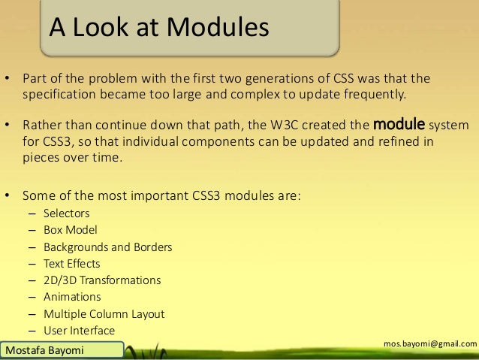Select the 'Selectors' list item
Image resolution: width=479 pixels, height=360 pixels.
tap(65, 213)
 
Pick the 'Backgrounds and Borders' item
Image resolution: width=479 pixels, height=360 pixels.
tap(107, 247)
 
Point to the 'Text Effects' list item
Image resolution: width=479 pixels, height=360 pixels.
tap(71, 264)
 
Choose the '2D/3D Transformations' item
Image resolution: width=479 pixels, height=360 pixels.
tap(101, 280)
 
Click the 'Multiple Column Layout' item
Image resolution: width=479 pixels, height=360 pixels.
tap(104, 314)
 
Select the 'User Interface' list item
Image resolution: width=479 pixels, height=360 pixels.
tap(79, 331)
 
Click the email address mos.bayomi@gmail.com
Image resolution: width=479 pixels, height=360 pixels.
tap(429, 343)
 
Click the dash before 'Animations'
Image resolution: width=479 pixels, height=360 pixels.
tap(32, 298)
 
